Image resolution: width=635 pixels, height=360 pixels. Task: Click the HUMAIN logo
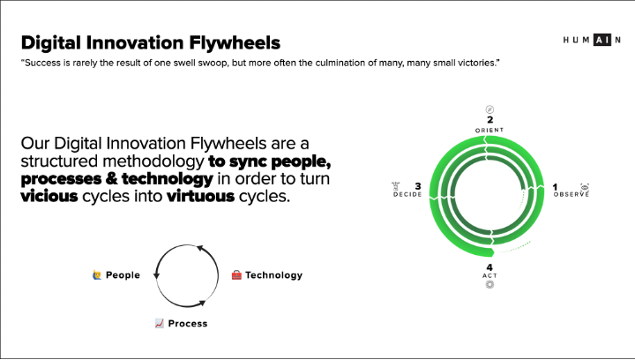click(592, 40)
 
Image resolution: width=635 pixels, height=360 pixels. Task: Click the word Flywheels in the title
click(235, 42)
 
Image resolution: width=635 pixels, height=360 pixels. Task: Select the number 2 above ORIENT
click(490, 119)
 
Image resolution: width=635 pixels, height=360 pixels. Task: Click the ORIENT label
click(489, 130)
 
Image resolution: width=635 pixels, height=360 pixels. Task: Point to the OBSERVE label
click(571, 194)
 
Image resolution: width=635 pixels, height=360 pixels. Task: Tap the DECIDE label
click(407, 194)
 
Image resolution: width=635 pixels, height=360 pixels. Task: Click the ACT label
click(489, 276)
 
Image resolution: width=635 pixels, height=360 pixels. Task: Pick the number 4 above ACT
click(489, 267)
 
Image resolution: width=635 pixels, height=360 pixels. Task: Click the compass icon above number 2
click(489, 109)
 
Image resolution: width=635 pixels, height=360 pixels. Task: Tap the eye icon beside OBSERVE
click(585, 187)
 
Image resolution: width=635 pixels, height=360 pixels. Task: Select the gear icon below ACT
click(489, 285)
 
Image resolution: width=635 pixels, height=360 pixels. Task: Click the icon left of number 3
click(396, 186)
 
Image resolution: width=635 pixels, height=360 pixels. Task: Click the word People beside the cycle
click(123, 275)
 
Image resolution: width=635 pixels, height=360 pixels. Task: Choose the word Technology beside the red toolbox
click(273, 275)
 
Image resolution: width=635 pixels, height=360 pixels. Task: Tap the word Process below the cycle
click(188, 324)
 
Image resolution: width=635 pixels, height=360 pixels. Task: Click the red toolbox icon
click(236, 275)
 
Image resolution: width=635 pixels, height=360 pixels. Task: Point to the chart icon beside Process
click(159, 323)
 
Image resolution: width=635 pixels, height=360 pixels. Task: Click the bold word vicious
click(49, 196)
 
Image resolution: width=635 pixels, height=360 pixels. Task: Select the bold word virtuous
click(200, 196)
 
